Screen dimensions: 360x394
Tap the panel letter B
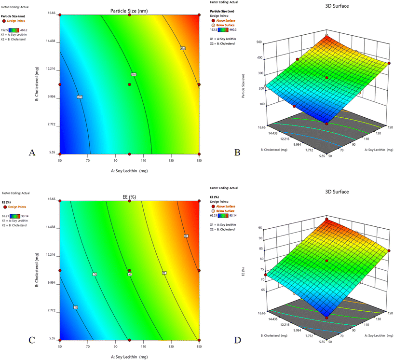237,152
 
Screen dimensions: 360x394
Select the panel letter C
32,340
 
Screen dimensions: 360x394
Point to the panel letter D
237,340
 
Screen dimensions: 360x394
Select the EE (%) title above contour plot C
129,197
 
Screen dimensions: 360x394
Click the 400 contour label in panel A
183,48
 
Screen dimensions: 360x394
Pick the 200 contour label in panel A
80,97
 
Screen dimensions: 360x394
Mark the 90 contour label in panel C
186,236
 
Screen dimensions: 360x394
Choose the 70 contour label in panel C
76,307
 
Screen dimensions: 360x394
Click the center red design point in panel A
129,84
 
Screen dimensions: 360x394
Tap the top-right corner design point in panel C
199,201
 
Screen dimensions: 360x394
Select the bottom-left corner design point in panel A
60,153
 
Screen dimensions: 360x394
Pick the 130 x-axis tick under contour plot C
171,346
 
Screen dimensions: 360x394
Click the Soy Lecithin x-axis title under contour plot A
129,170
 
